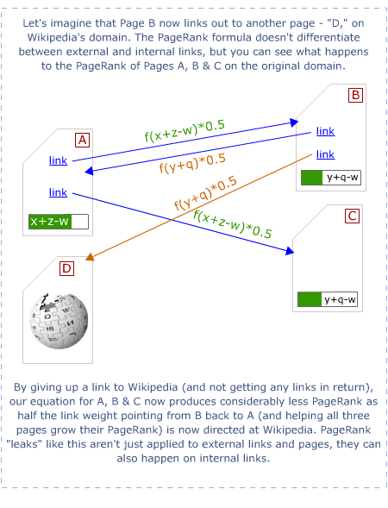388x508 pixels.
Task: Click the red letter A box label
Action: (83, 140)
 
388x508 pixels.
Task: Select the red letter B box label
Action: (356, 95)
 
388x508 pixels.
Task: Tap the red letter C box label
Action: (352, 216)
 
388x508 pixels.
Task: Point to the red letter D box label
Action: (66, 269)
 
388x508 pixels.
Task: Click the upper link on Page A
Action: (59, 160)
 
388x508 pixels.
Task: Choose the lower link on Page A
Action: (59, 192)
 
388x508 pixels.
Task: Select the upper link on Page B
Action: (325, 131)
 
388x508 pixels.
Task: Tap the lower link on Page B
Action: (325, 154)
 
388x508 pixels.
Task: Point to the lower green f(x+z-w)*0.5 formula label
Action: (233, 224)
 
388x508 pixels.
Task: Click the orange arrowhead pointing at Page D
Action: (89, 256)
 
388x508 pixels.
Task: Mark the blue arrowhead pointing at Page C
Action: (291, 252)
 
